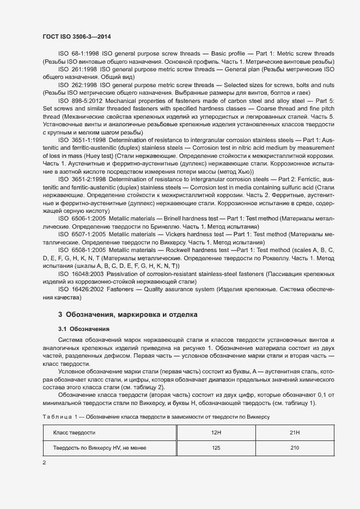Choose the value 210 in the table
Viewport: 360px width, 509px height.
tap(295, 448)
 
